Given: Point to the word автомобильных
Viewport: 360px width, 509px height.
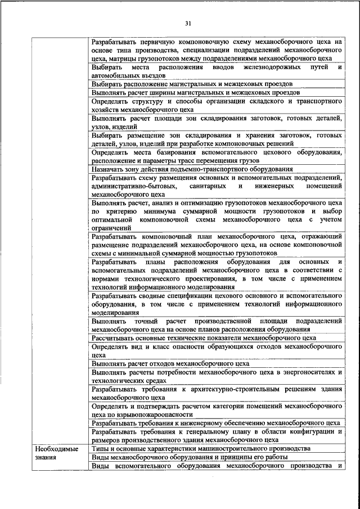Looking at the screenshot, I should click(116, 74).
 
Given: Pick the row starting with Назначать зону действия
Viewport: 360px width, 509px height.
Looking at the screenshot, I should click(192, 169).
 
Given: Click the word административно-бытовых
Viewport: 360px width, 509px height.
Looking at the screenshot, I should click(134, 185).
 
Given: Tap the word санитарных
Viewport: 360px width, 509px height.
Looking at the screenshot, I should click(211, 185).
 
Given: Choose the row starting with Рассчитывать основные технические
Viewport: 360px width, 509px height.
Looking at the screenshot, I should click(204, 337).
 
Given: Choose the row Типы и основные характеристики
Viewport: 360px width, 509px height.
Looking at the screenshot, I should click(200, 448).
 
